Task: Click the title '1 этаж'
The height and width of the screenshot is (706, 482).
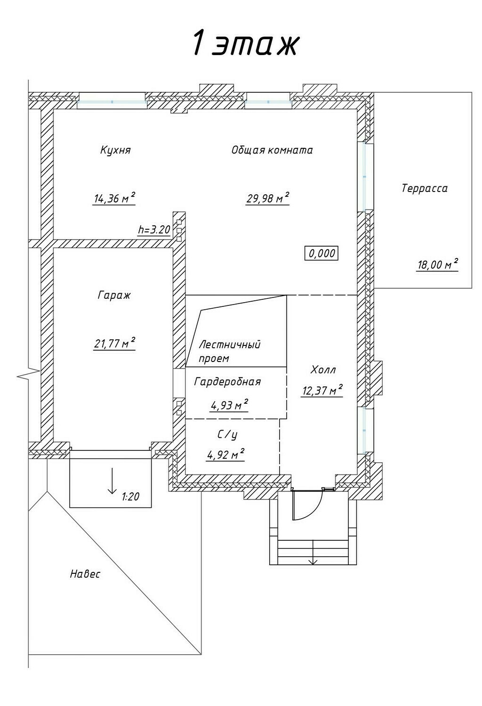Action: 245,43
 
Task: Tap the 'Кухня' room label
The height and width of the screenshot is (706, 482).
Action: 115,150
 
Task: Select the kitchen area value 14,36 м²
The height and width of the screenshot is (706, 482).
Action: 114,198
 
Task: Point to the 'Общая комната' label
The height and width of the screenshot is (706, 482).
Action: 272,150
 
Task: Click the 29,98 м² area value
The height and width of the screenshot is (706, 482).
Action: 268,198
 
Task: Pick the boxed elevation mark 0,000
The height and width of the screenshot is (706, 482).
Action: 321,253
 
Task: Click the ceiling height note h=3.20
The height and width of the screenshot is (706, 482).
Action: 154,230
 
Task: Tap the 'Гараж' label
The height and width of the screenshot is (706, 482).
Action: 114,295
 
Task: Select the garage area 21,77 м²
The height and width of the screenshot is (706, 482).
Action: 115,343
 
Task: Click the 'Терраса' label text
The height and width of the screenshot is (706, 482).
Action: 425,188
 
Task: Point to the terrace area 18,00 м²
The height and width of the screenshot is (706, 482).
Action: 438,264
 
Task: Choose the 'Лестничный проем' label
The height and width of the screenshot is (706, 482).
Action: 230,352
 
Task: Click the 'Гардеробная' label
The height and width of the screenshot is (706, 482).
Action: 228,382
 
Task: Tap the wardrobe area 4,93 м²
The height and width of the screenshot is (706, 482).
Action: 229,405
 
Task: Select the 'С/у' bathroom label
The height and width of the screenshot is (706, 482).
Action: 227,434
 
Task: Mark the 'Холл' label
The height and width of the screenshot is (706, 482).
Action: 323,369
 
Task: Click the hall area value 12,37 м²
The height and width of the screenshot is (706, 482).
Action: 322,390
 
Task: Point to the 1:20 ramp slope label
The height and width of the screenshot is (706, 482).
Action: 130,497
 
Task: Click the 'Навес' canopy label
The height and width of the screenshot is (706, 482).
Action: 85,574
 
